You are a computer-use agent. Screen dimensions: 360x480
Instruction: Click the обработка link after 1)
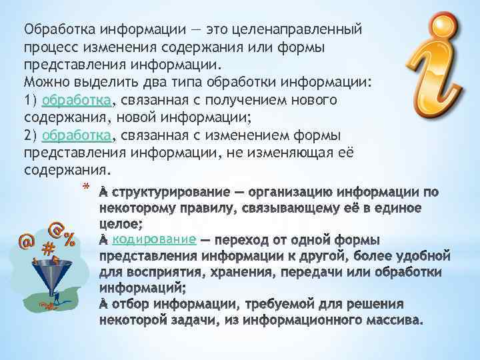[x=76, y=100]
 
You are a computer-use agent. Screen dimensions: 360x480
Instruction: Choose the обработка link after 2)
[x=76, y=135]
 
